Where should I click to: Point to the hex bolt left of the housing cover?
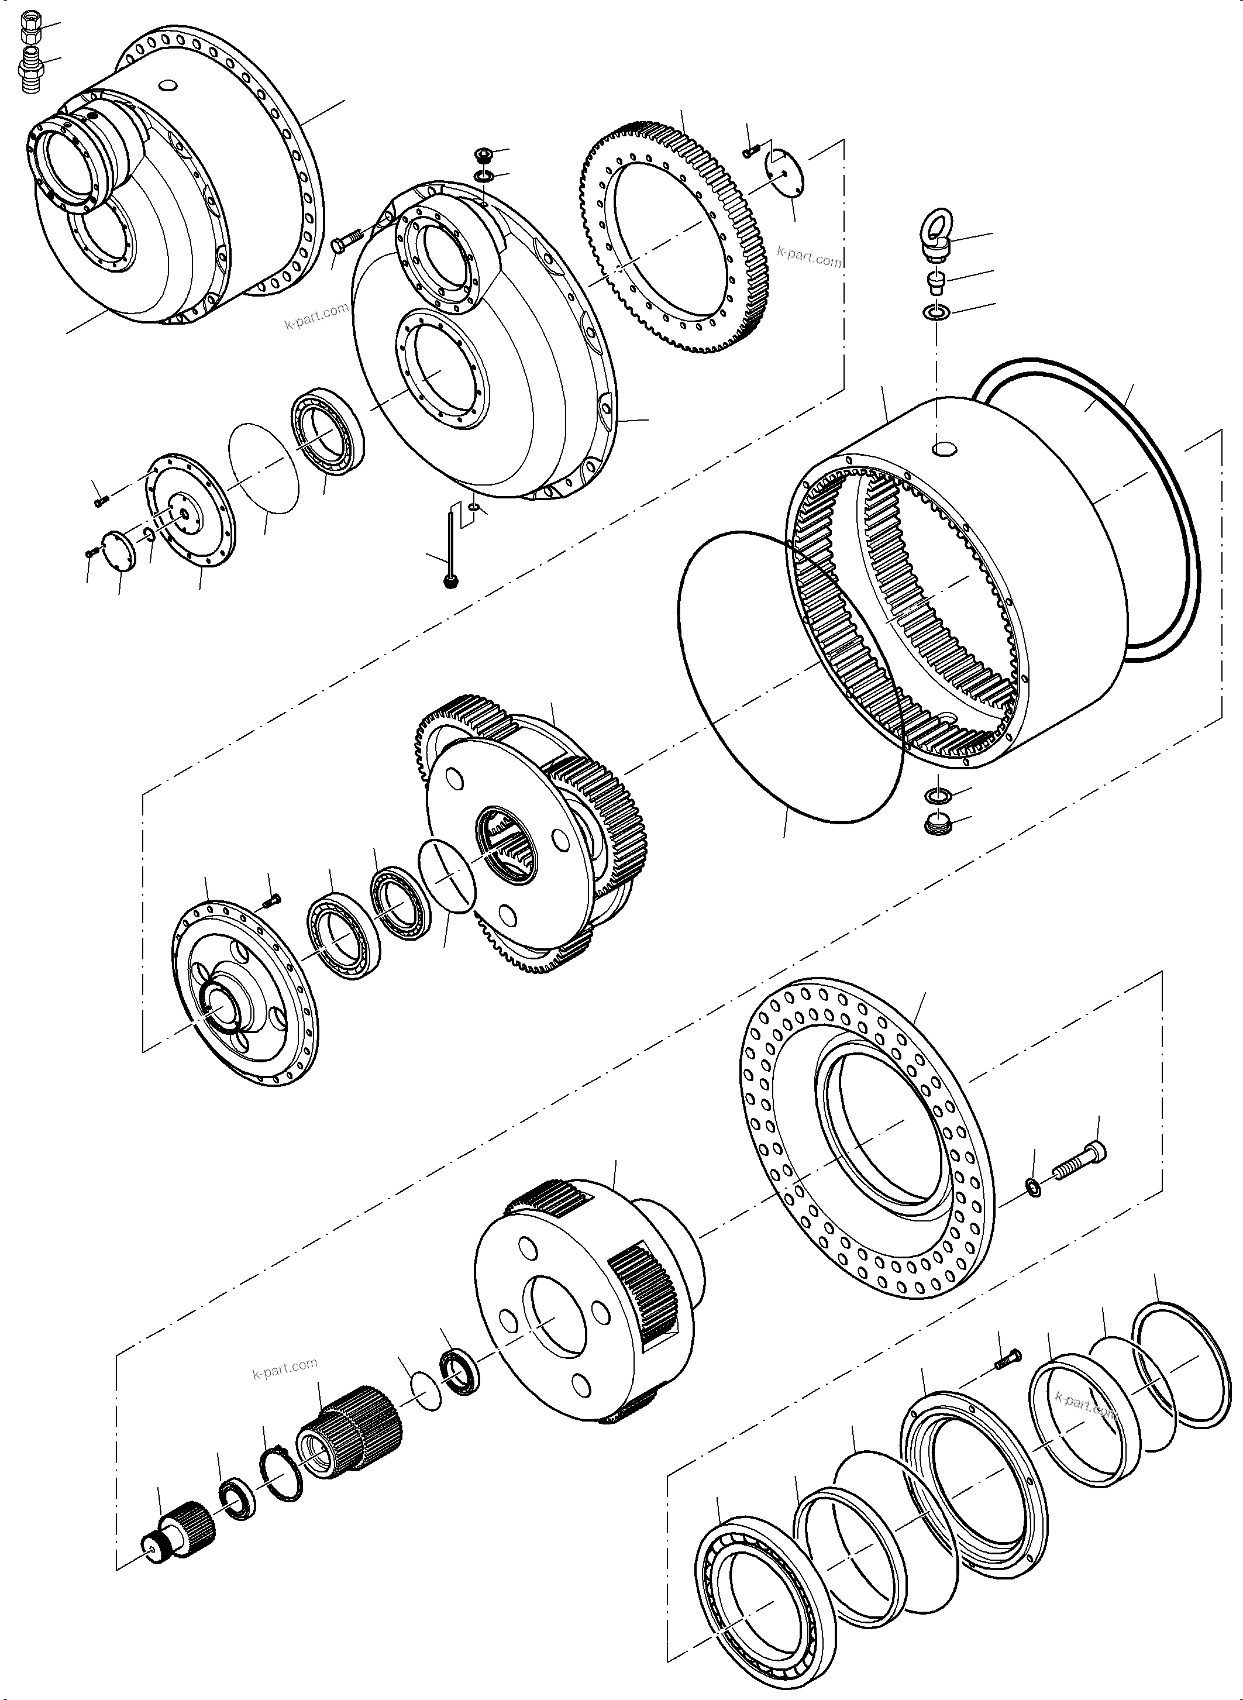coord(344,243)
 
